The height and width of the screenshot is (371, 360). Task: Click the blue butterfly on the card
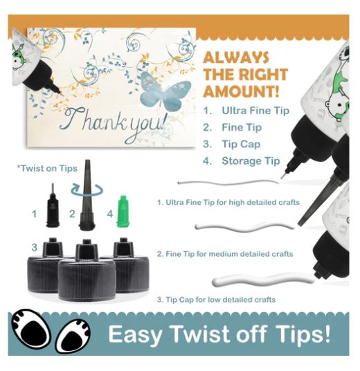point(165,92)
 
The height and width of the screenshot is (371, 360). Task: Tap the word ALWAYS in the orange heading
point(236,57)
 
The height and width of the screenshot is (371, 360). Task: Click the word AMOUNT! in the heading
point(241,91)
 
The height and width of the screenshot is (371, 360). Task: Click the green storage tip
point(123,211)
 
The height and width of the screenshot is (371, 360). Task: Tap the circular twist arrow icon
point(87,190)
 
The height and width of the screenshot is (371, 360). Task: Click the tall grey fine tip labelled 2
point(87,195)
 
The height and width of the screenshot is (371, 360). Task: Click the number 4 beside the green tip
point(109,214)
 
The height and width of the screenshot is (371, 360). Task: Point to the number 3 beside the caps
point(35,248)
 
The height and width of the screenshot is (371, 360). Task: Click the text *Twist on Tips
point(47,168)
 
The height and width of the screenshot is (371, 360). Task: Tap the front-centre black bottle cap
point(87,271)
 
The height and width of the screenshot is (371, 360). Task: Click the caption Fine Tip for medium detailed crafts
point(225,254)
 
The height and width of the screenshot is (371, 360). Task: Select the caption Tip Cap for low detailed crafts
point(216,300)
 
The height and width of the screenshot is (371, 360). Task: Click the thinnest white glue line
point(228,183)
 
